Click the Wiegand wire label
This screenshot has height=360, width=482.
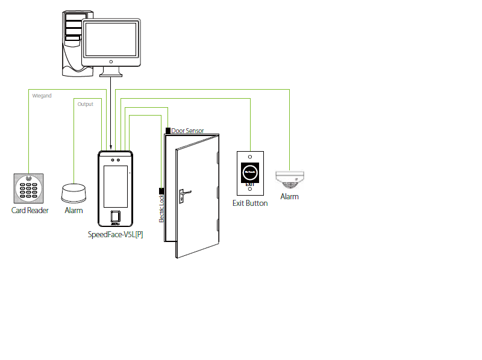42,95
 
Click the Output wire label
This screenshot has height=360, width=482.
85,104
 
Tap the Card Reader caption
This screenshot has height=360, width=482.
30,211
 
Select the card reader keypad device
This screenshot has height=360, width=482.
29,188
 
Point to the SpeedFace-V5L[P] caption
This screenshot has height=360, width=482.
116,234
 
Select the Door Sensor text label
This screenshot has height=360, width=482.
187,131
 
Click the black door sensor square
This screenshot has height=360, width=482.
167,130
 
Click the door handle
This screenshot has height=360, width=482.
184,194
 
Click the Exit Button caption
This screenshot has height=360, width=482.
250,203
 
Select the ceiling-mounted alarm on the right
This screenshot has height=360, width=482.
290,179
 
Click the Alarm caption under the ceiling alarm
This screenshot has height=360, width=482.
289,197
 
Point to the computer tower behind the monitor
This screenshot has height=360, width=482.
72,42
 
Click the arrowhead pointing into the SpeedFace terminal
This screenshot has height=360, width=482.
111,146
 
